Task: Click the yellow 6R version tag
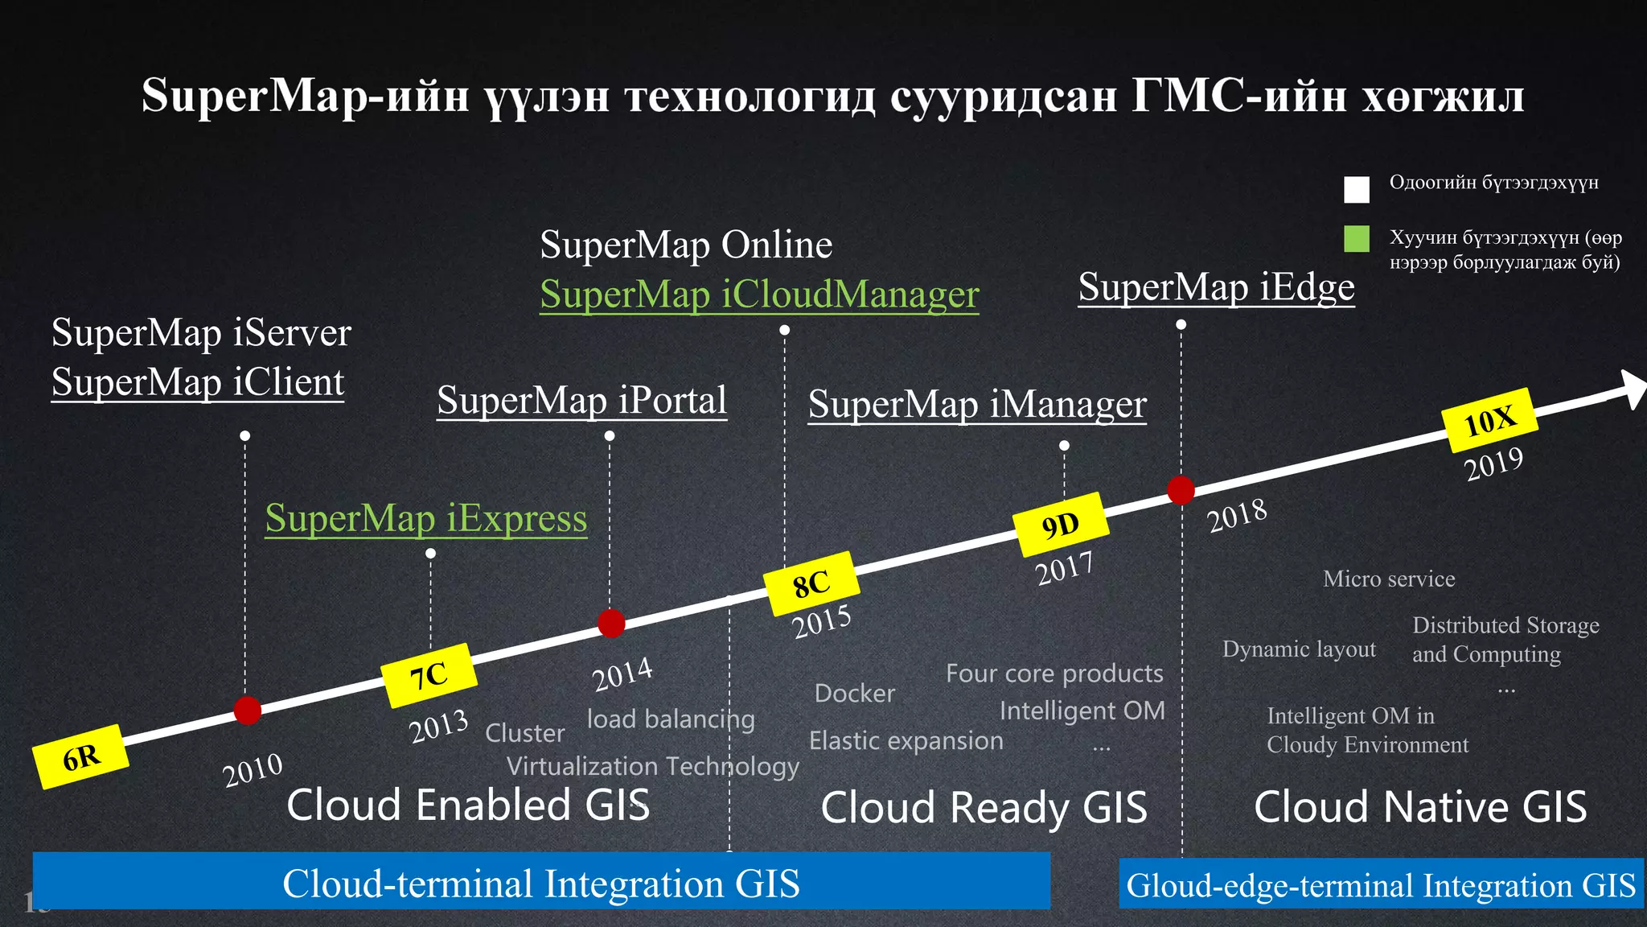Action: click(80, 756)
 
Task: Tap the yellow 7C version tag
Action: click(429, 675)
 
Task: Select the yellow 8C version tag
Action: click(811, 583)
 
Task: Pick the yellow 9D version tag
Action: click(1060, 525)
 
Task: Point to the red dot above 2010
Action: click(247, 711)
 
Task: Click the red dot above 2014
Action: click(611, 623)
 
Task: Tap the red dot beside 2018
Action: click(1181, 489)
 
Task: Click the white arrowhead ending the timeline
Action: click(1633, 389)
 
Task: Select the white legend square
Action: click(1356, 189)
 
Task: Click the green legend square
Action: click(1356, 238)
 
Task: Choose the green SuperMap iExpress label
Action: click(426, 517)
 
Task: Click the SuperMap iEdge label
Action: click(1216, 286)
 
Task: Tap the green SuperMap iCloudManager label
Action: click(759, 294)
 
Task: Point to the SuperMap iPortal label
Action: click(581, 400)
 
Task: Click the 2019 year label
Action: click(1493, 463)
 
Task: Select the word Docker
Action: click(854, 693)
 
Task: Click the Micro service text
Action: click(1389, 579)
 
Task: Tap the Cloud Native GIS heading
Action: click(1420, 806)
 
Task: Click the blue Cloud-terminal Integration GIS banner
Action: click(541, 881)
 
